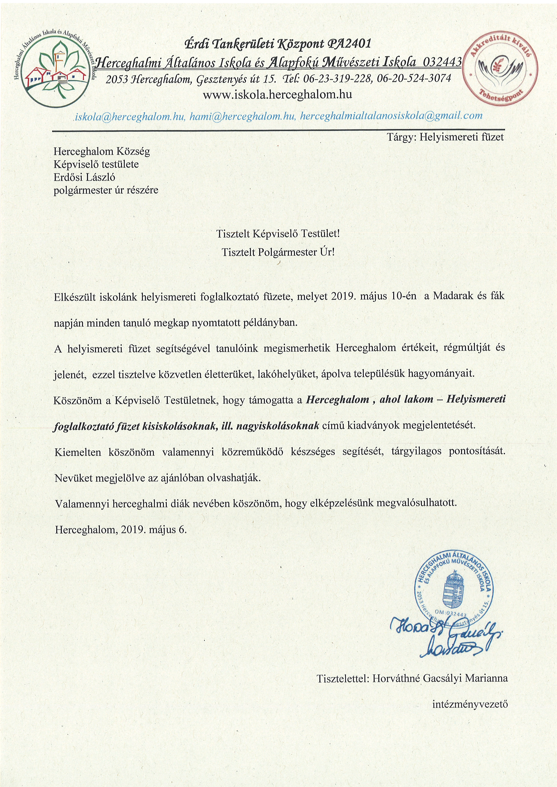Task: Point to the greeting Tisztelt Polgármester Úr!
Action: coord(278,252)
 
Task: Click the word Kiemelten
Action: coord(78,452)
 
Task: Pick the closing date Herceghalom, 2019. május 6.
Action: coord(121,530)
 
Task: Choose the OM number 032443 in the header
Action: coord(442,62)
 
